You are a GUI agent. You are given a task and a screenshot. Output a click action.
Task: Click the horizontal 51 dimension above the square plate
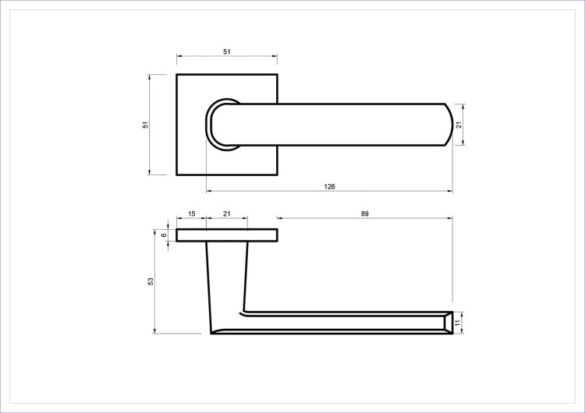tap(227, 51)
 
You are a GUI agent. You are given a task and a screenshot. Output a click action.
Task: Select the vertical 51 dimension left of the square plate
tap(145, 125)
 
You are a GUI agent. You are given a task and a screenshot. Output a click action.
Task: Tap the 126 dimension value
tap(329, 187)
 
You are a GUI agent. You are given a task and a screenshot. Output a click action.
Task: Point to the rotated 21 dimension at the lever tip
tap(459, 125)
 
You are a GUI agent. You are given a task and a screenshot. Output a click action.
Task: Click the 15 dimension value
tap(191, 214)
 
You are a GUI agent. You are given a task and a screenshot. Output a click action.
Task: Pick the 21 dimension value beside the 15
tap(227, 214)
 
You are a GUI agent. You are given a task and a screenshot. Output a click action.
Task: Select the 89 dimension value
tap(364, 214)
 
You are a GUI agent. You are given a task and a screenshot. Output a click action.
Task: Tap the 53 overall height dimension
tap(151, 281)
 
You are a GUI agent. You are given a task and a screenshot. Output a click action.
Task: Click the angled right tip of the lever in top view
tap(448, 125)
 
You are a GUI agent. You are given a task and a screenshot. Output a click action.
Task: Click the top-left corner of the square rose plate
tap(177, 75)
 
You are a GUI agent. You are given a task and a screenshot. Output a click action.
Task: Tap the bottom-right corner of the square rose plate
tap(277, 175)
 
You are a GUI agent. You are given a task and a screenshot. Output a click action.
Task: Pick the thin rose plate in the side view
tap(227, 235)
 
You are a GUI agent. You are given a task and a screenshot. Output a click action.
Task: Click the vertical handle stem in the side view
tap(227, 281)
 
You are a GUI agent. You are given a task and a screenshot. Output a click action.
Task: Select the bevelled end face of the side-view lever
tap(447, 321)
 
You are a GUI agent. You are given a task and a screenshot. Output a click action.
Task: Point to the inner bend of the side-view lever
tap(246, 312)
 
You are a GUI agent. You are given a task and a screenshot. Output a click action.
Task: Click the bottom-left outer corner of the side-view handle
tap(211, 334)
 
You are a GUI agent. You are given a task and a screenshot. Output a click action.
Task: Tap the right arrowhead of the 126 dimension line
tap(449, 192)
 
